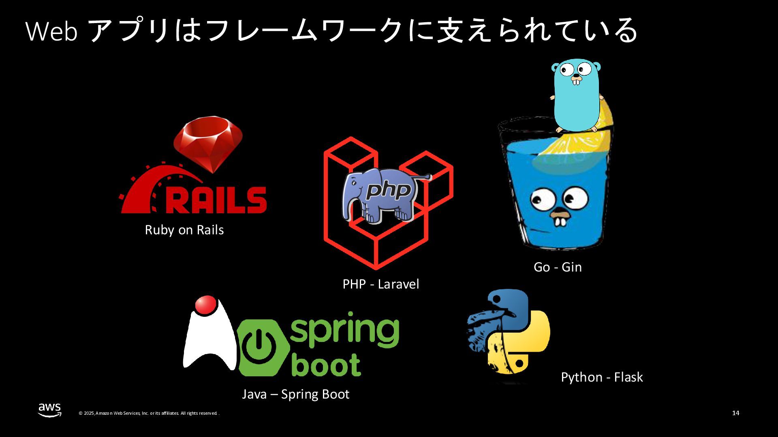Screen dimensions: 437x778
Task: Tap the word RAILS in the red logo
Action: (217, 199)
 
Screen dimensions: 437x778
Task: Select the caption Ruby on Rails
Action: (184, 230)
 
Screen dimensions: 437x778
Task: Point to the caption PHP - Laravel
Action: (381, 284)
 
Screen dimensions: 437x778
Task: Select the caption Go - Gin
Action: (558, 267)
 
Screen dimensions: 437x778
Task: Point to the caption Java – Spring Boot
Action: (295, 394)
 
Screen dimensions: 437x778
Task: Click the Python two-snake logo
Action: (508, 336)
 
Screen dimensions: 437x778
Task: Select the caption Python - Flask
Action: (602, 377)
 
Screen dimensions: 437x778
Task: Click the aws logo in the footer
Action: (50, 409)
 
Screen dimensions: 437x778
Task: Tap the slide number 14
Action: (736, 413)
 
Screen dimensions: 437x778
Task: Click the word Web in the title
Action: (51, 32)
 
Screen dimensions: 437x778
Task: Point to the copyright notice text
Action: (149, 413)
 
